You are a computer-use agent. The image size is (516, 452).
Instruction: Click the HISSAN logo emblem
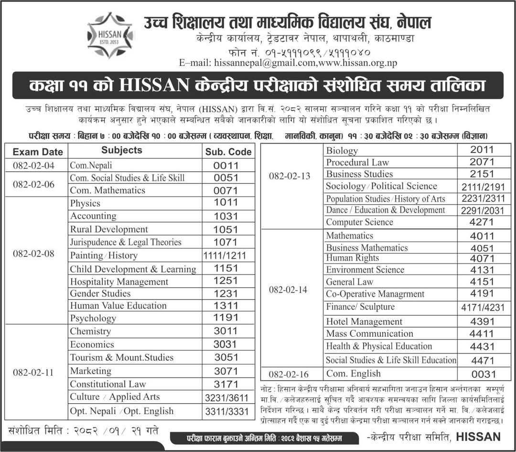109,36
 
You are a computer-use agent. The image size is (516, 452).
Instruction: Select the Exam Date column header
38,152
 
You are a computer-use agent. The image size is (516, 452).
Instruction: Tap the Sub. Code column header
228,152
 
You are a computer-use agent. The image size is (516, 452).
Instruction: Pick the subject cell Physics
85,203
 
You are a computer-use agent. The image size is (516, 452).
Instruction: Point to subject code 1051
226,229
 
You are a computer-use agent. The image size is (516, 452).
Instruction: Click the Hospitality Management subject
119,281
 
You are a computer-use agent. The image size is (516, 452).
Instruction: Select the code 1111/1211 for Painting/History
225,255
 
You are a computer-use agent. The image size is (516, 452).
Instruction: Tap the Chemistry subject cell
90,331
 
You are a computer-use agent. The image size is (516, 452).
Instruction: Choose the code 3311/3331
225,411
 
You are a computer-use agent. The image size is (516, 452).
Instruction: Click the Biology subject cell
342,151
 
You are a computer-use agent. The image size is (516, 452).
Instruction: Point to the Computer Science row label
359,222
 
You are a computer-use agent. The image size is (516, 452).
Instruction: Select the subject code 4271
481,222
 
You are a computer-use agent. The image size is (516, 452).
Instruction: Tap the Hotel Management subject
364,321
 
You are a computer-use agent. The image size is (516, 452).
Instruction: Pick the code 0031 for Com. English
481,374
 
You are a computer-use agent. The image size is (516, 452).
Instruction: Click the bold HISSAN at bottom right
478,436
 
